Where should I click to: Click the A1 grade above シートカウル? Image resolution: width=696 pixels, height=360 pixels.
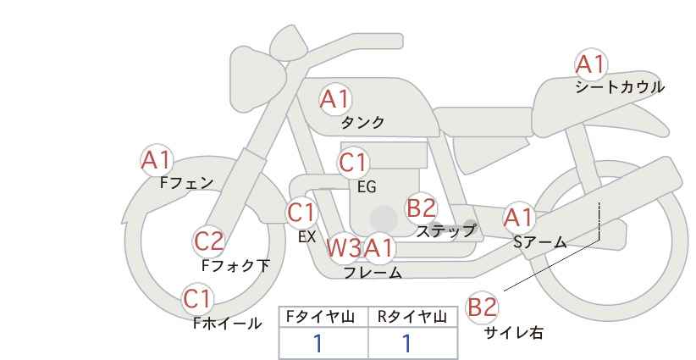590,64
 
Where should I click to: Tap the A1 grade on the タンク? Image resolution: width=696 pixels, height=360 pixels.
335,99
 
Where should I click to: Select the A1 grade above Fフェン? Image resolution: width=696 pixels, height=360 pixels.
156,160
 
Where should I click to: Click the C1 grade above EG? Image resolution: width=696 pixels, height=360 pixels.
353,163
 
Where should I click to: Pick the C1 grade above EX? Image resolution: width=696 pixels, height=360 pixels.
301,213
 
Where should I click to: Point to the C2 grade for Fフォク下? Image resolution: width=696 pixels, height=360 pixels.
208,241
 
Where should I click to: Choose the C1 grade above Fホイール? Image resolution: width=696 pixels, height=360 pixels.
197,299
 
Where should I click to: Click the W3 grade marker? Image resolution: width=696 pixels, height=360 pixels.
344,247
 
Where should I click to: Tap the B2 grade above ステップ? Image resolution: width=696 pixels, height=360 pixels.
421,208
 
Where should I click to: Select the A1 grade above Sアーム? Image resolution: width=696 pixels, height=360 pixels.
518,218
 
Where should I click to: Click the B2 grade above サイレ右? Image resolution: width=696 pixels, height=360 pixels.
482,307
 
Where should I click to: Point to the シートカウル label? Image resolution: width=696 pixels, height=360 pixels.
620,87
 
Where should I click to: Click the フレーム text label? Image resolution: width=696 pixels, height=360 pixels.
373,272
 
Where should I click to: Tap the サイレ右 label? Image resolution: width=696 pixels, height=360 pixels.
514,333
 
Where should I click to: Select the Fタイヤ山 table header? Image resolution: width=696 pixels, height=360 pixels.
320,317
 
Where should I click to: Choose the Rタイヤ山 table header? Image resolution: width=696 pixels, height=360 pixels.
412,317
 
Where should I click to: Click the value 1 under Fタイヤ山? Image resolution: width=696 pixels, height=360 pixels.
318,344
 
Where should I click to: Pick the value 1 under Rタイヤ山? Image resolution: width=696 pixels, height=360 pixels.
406,344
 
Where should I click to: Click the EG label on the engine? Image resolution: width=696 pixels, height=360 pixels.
367,187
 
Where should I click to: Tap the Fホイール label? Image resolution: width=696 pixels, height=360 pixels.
227,324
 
